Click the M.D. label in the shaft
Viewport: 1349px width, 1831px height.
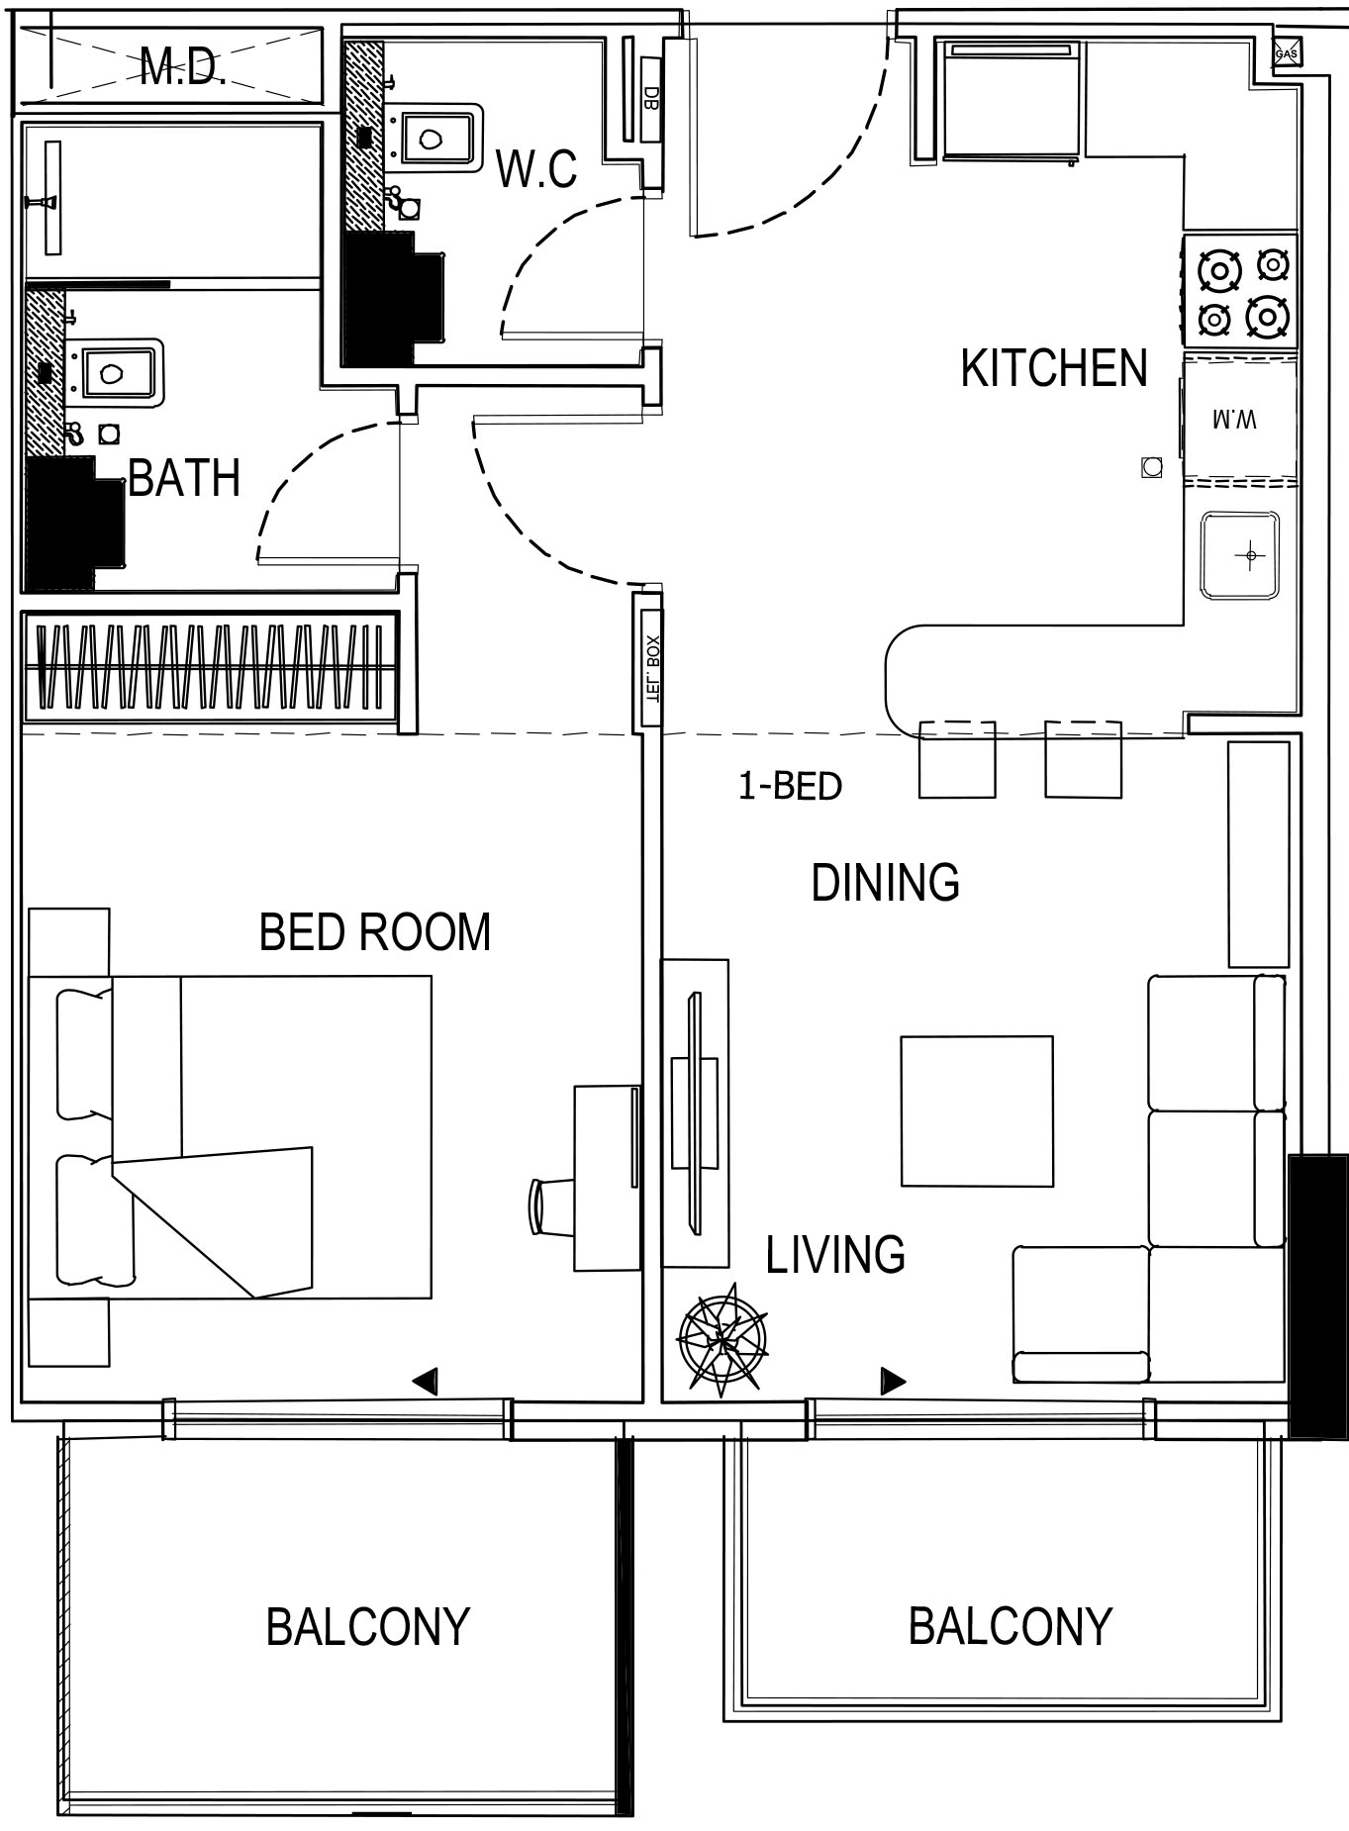pos(183,67)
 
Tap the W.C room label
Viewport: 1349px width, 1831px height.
pos(536,169)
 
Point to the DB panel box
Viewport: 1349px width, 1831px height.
pos(650,98)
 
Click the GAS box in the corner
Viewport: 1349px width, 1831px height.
pos(1286,53)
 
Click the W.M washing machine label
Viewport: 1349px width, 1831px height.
pos(1235,420)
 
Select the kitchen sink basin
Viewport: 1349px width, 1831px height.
pos(1240,555)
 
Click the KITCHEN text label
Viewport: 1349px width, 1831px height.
pos(1054,368)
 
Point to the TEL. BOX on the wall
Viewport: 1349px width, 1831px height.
pos(650,668)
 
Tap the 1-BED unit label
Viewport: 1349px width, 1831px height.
pos(790,786)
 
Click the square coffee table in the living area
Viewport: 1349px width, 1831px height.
pos(976,1110)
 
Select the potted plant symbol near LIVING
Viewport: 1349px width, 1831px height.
pos(723,1339)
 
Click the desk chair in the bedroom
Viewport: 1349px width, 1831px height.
pos(552,1206)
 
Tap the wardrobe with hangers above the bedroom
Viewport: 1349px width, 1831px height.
pos(210,667)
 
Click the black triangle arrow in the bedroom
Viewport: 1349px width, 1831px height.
pos(426,1382)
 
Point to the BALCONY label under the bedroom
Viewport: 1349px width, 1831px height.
pos(367,1627)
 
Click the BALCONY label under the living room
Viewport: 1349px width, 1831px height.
pos(1010,1627)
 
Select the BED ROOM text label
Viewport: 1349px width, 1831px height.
pos(375,932)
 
